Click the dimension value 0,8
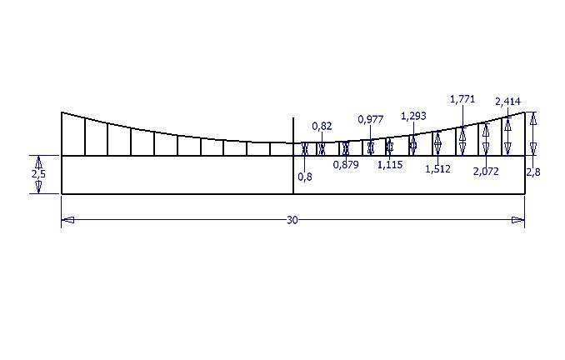[305, 177]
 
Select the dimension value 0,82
[322, 126]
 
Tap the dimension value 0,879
[346, 165]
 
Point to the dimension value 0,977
[371, 119]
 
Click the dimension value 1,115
[390, 165]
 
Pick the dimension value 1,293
[413, 116]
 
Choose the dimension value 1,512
[437, 168]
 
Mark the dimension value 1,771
[462, 98]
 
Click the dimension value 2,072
[486, 171]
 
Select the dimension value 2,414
[507, 102]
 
